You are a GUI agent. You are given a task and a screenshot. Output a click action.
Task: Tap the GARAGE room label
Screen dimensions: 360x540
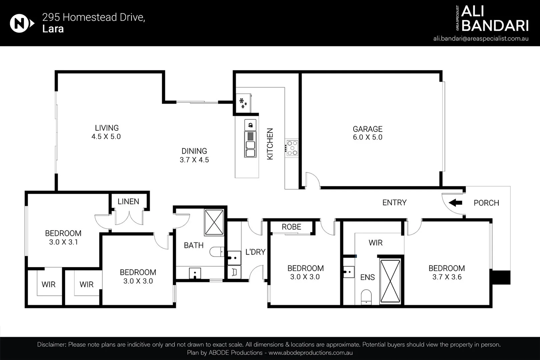[368, 129]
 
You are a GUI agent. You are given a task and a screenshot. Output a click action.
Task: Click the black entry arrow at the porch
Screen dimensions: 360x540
[455, 202]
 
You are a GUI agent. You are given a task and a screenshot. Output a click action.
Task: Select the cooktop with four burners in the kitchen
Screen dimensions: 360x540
[292, 148]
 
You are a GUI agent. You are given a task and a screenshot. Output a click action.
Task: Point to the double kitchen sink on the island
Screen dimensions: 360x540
[250, 149]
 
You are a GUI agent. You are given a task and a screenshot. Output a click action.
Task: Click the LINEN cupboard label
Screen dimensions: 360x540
[128, 201]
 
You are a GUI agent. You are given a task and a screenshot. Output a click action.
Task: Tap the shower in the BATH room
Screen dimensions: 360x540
[214, 222]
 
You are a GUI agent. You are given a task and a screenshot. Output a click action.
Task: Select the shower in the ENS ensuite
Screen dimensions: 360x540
[390, 281]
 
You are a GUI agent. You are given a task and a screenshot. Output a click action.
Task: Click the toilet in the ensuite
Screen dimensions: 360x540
[366, 297]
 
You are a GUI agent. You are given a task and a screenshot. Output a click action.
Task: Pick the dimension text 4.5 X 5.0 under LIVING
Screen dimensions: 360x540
[106, 137]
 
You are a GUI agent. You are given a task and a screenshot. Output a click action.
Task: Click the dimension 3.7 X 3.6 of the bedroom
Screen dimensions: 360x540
[447, 277]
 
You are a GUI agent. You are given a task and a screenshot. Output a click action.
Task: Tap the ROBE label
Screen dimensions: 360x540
[291, 227]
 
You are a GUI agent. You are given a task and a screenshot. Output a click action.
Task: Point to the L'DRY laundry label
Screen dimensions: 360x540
[255, 252]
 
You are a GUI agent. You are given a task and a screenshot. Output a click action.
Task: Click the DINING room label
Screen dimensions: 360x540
[194, 151]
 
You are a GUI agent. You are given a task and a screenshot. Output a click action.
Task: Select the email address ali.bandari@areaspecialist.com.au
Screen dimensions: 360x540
[481, 39]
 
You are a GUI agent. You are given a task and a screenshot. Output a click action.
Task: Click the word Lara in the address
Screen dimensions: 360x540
[53, 29]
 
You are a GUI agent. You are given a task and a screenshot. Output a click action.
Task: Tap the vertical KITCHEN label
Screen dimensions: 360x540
[270, 144]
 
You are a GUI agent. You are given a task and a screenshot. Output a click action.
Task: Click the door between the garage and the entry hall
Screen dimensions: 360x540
[312, 181]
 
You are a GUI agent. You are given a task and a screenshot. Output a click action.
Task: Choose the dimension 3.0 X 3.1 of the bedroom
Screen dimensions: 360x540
[63, 242]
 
